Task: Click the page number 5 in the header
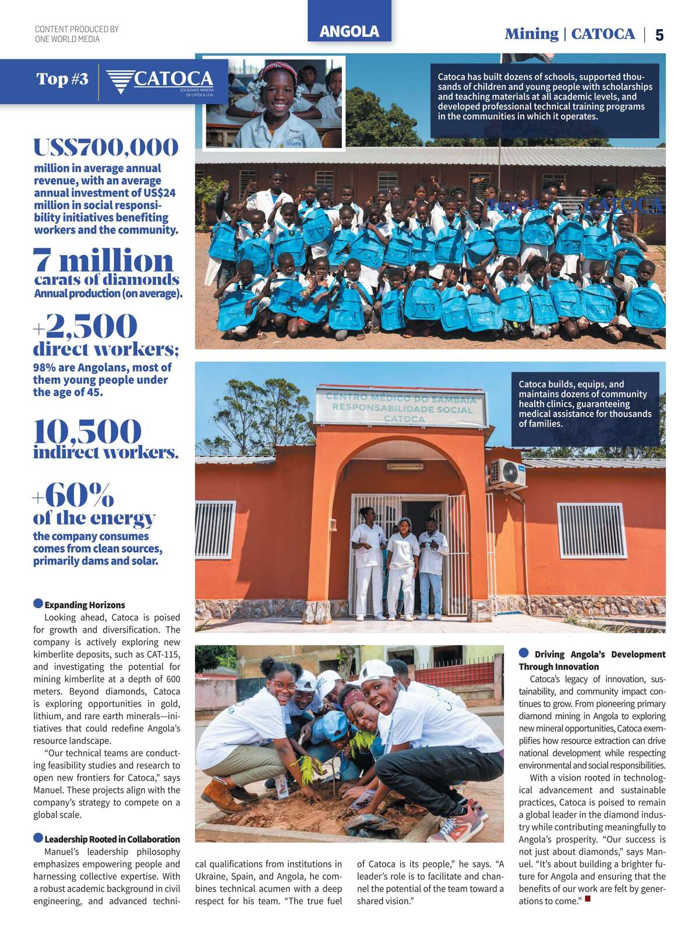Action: point(659,35)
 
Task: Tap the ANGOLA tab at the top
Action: point(349,31)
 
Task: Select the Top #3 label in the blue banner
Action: point(62,79)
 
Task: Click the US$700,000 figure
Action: point(106,147)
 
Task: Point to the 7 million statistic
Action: point(103,260)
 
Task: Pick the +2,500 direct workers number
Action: point(85,326)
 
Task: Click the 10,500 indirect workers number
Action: point(87,431)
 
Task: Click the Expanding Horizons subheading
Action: point(84,605)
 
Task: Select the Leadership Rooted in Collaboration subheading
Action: point(112,839)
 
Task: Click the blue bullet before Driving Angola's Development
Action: point(524,653)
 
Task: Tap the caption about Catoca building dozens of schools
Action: point(545,96)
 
